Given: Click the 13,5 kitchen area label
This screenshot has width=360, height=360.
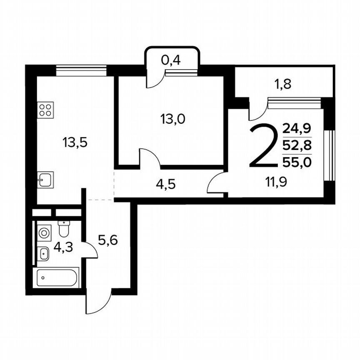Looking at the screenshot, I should [x=75, y=143].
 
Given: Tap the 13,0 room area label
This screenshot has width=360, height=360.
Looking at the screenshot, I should [x=172, y=119].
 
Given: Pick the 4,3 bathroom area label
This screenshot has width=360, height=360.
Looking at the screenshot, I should [x=63, y=247].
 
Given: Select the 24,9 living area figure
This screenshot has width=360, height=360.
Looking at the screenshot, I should [x=297, y=128].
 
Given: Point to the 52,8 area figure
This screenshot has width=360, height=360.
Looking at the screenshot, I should [x=297, y=145].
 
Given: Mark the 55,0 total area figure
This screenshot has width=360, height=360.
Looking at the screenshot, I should [x=297, y=162].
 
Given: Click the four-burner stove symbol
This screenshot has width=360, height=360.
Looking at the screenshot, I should [x=45, y=110].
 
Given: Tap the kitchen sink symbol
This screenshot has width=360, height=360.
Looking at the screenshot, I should [x=45, y=180].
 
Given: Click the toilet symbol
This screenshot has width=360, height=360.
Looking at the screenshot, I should [x=63, y=228].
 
